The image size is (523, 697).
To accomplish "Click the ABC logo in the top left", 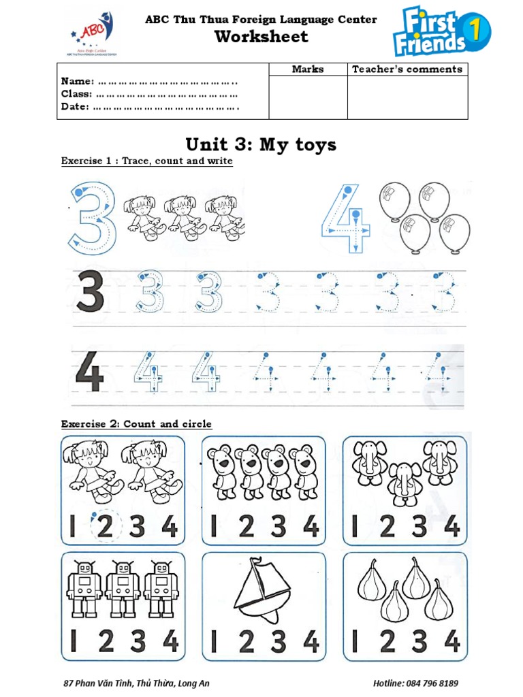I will point(93,33).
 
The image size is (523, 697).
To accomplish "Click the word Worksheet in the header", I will point(261,37).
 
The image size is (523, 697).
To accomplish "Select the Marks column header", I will point(308,69).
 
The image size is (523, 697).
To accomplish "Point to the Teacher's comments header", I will point(407,69).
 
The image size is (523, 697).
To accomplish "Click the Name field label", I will point(77,82).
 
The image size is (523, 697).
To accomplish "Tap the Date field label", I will point(75,107).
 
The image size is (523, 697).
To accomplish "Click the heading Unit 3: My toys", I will point(261,144).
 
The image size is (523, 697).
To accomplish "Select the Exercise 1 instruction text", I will point(146,161).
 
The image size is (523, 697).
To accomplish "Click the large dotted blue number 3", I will point(91,216).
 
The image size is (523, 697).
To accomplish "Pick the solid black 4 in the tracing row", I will point(89,375).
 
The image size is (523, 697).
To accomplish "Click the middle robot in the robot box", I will point(123,589).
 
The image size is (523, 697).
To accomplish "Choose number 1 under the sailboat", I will point(214,641).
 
